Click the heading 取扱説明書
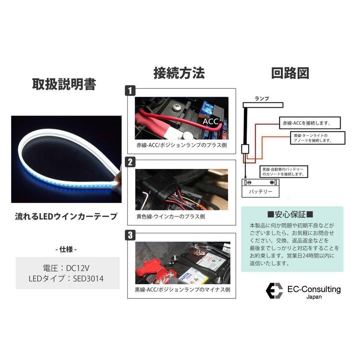coord(64,84)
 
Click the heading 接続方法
coord(179,73)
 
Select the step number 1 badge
coord(130,91)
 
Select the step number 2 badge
coord(130,162)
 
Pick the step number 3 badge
coord(130,235)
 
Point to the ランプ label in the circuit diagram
coord(262,98)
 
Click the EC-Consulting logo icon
coord(275,291)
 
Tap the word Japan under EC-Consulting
coord(314,297)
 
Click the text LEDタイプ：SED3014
coord(67,278)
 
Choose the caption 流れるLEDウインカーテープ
coord(66,216)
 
